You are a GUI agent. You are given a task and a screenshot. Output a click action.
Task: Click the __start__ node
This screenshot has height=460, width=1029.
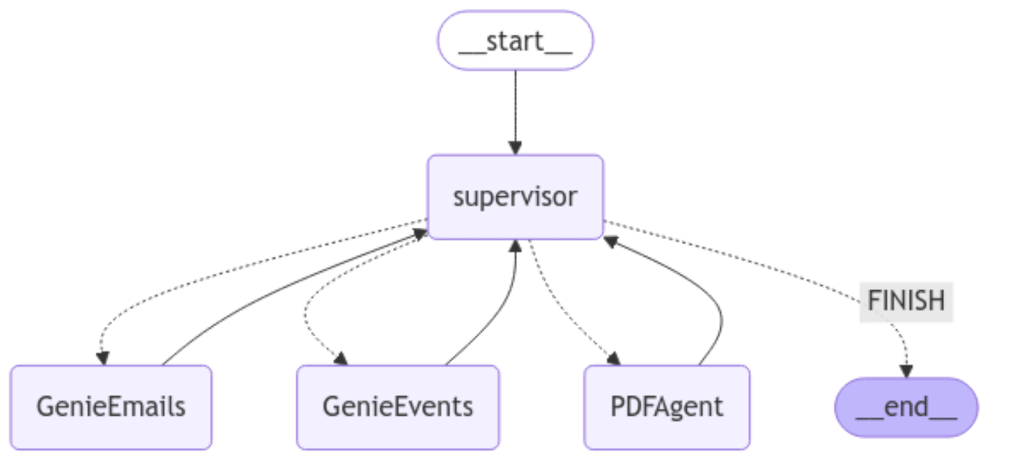[x=515, y=41]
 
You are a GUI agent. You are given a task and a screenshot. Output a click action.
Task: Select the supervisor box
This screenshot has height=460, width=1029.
[x=515, y=197]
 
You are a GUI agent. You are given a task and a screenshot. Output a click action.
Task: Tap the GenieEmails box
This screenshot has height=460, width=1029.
[x=111, y=407]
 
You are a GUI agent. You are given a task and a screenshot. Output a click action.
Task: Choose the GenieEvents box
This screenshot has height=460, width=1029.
[x=397, y=407]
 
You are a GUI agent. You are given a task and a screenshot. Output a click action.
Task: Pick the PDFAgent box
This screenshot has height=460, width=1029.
[x=666, y=407]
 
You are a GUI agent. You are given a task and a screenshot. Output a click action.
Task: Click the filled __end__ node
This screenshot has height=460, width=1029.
[x=906, y=407]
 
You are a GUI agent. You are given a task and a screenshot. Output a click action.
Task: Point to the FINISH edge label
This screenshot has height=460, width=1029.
[x=906, y=300]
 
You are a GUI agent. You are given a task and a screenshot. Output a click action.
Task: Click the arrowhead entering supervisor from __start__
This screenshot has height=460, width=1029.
[x=515, y=148]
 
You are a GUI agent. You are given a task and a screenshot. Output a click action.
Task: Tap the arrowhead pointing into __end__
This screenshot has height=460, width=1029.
[x=906, y=371]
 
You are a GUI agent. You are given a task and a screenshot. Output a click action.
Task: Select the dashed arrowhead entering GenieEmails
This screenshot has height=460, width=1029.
[x=102, y=358]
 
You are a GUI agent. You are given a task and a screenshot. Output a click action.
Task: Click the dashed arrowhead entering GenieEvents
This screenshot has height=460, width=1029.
[x=341, y=358]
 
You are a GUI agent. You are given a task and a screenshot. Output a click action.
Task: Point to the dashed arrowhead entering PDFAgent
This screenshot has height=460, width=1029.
[x=614, y=358]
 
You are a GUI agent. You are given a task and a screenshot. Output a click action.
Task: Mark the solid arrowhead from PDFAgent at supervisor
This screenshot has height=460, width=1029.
[x=611, y=242]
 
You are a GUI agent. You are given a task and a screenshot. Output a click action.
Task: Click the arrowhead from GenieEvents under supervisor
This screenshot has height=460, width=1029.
[x=515, y=246]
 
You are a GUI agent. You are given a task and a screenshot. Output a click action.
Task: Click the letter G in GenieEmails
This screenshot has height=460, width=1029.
[x=44, y=407]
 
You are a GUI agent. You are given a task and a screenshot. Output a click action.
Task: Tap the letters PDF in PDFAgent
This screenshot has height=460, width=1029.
[x=629, y=407]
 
